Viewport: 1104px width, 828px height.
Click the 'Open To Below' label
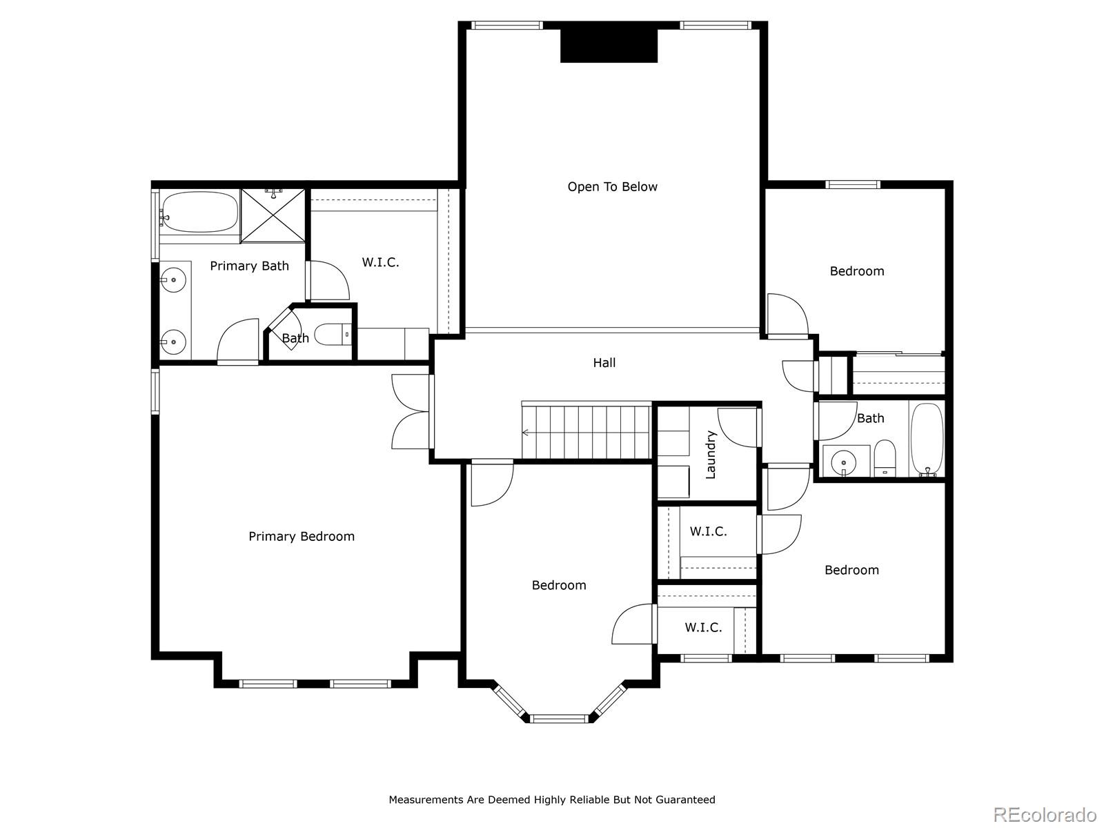612,187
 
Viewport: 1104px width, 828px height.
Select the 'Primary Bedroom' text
302,536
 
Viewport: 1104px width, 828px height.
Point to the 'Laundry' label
710,455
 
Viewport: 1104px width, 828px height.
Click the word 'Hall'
604,362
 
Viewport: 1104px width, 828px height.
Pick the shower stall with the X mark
273,216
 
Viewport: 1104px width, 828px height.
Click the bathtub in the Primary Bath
199,212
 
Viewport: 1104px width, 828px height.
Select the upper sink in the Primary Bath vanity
173,279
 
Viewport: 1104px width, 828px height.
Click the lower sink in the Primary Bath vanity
173,342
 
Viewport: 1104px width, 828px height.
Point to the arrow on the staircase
526,433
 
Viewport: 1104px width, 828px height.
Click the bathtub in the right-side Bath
927,439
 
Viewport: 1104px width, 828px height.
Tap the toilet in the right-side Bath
885,458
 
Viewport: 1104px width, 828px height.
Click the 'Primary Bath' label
250,266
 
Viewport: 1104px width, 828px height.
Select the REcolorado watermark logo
1045,814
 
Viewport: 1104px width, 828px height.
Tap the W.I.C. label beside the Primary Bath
380,262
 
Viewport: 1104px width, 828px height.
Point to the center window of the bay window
560,719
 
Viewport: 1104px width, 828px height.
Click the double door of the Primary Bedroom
411,412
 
